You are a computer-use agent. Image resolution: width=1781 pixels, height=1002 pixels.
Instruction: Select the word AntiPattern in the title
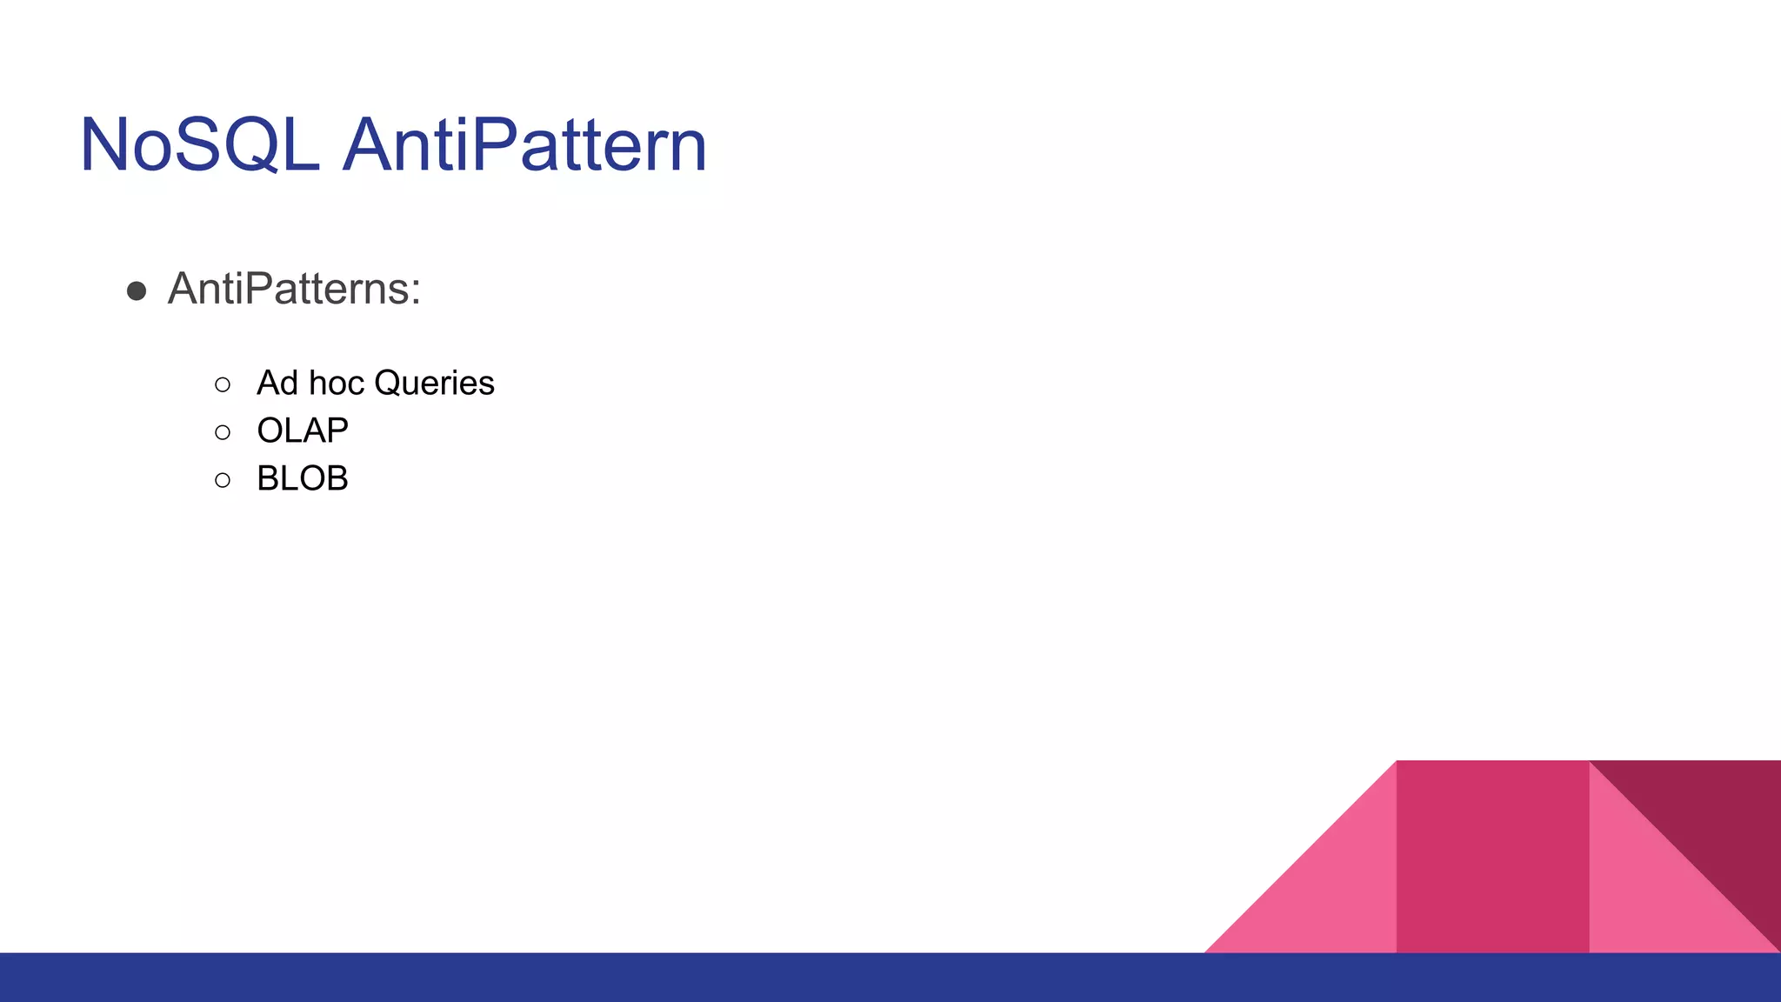[x=525, y=145]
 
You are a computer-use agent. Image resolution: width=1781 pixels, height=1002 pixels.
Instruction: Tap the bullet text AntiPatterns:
[x=294, y=289]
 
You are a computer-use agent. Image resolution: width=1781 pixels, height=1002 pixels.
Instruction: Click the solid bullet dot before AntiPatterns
[x=137, y=291]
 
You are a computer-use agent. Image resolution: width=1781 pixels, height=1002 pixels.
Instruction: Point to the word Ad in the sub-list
[x=277, y=384]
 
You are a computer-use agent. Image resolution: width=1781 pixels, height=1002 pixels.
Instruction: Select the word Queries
[x=434, y=384]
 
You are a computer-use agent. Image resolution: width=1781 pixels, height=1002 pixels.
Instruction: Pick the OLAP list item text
[x=303, y=431]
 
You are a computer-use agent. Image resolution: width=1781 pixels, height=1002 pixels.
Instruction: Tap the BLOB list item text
[x=303, y=478]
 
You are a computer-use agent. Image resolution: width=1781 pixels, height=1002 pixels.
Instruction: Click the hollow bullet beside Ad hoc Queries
[x=223, y=384]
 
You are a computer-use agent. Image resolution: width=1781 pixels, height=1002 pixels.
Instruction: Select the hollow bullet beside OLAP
[x=223, y=432]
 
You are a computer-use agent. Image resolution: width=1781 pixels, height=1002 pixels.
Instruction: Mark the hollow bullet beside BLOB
[x=223, y=480]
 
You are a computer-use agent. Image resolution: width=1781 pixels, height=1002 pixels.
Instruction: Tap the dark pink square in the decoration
[x=1492, y=857]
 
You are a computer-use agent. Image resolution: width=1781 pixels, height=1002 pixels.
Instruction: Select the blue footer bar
[x=890, y=978]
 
